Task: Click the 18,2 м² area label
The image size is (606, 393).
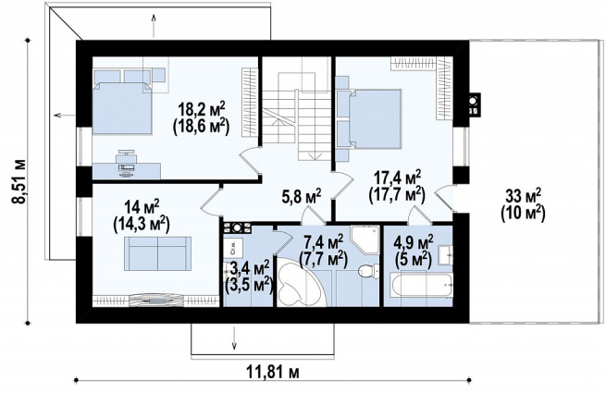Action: [202, 110]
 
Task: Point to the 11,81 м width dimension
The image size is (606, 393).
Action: [273, 372]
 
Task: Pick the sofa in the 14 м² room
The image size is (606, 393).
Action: [157, 254]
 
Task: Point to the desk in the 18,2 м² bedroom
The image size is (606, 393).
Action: [127, 171]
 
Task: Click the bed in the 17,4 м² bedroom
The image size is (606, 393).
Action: [369, 118]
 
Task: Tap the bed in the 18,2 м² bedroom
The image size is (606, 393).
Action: [123, 107]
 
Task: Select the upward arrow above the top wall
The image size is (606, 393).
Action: [154, 25]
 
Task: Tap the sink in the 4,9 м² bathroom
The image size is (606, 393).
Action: [446, 254]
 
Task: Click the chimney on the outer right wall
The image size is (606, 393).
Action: [474, 104]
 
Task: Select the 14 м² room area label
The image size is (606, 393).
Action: [141, 208]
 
